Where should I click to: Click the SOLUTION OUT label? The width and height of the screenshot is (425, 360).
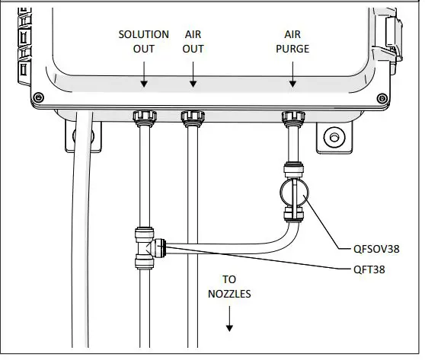[x=143, y=42]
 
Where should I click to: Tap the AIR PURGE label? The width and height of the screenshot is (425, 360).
[x=293, y=42]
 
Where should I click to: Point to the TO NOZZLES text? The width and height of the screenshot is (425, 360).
[x=229, y=286]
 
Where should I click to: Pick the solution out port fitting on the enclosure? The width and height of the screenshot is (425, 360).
[x=143, y=119]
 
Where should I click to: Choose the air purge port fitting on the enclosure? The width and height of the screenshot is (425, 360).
[x=293, y=119]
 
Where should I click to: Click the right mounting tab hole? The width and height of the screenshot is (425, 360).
[x=332, y=138]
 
